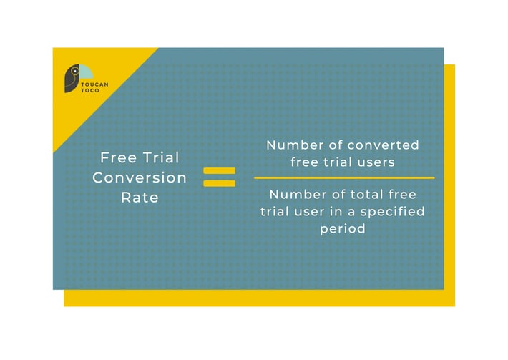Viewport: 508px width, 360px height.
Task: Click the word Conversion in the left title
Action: pos(140,177)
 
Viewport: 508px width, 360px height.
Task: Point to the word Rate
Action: pos(140,197)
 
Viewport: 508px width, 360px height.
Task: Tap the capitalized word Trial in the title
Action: pos(161,157)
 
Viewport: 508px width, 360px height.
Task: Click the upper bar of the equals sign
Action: pos(219,172)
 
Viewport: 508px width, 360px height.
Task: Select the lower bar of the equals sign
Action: pos(219,183)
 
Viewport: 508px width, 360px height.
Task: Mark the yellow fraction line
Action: pos(343,177)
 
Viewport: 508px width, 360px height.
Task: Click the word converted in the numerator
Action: pos(384,145)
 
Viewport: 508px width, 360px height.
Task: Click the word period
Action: pos(343,229)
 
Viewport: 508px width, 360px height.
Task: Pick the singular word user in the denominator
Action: pos(310,212)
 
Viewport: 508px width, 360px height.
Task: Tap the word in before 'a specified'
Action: pos(337,212)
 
